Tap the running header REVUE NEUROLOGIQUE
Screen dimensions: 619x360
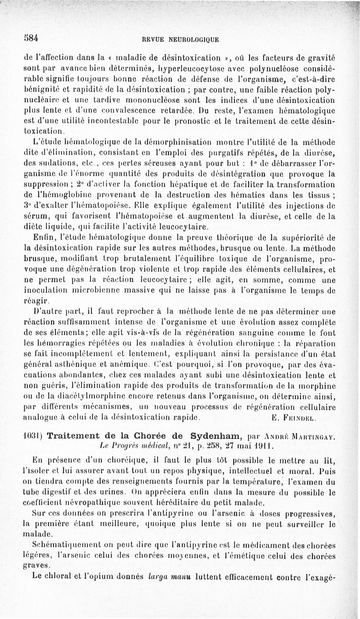180,40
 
